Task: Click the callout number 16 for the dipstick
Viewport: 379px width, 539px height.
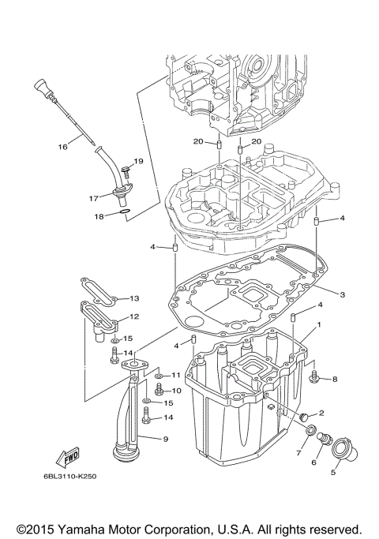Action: tap(62, 146)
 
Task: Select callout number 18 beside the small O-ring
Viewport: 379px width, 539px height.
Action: tap(99, 216)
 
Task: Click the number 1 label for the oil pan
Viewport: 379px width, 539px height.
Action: tap(318, 324)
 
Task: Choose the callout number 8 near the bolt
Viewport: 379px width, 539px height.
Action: tap(334, 379)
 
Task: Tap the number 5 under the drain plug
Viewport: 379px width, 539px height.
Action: tap(333, 473)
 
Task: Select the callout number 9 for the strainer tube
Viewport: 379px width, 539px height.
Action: tap(165, 439)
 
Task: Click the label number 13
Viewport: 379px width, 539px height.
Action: tap(133, 298)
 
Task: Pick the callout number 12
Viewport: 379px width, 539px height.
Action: tap(133, 316)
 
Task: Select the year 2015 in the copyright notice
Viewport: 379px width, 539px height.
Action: tap(36, 529)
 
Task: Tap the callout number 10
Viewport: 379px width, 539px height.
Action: tap(175, 390)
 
